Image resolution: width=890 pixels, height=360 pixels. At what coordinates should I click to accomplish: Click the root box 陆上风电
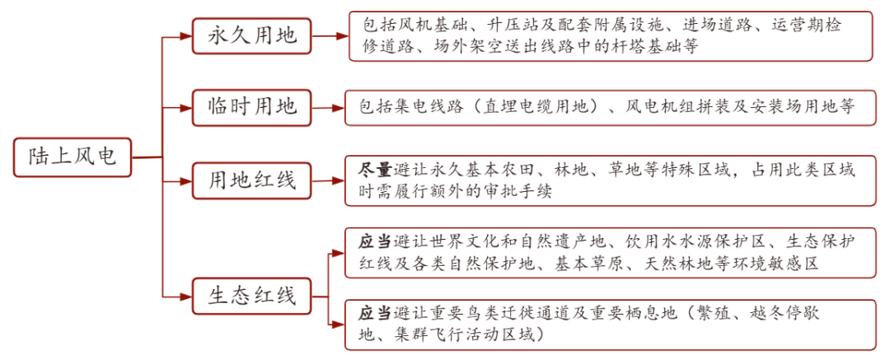73,157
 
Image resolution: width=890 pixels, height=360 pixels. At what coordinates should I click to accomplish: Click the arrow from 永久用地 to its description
330,35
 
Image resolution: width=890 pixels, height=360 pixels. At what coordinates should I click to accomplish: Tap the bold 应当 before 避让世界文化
375,242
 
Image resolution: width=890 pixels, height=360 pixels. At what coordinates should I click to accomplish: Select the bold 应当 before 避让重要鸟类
375,313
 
